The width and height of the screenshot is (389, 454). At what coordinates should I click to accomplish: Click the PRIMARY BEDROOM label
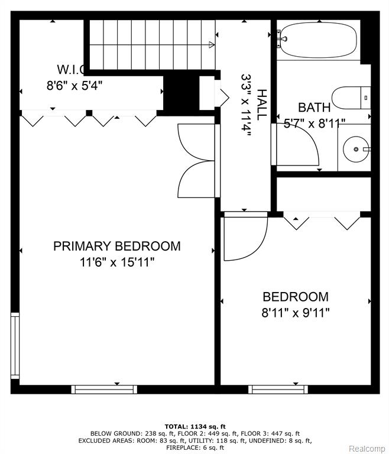(x=116, y=246)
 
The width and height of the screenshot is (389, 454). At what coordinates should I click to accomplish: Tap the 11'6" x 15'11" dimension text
(x=116, y=262)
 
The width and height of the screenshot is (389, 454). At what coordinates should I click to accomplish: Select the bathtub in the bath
(x=319, y=40)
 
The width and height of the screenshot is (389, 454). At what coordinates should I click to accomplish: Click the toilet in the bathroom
(x=351, y=98)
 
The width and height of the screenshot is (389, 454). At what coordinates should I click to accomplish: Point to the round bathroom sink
(x=356, y=149)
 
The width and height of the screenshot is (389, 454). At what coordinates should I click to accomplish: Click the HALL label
(x=261, y=105)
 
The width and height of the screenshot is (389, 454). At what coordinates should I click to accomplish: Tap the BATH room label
(x=315, y=108)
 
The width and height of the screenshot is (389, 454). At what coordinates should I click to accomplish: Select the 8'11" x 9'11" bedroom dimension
(x=296, y=313)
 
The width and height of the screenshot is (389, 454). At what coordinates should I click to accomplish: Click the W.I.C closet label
(x=71, y=70)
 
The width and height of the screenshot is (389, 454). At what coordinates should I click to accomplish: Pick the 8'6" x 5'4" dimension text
(x=74, y=86)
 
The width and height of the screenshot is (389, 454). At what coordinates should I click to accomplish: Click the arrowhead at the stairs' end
(x=212, y=44)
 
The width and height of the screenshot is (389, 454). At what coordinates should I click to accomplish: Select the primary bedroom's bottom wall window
(x=104, y=390)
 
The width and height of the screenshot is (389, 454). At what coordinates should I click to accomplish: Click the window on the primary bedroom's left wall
(x=15, y=345)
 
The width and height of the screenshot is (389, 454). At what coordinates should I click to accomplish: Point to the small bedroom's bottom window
(x=278, y=390)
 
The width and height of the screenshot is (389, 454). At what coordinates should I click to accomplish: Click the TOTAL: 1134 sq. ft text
(x=195, y=426)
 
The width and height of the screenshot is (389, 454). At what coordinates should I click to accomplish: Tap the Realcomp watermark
(x=367, y=449)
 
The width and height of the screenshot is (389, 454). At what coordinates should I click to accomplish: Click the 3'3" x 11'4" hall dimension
(x=246, y=105)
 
